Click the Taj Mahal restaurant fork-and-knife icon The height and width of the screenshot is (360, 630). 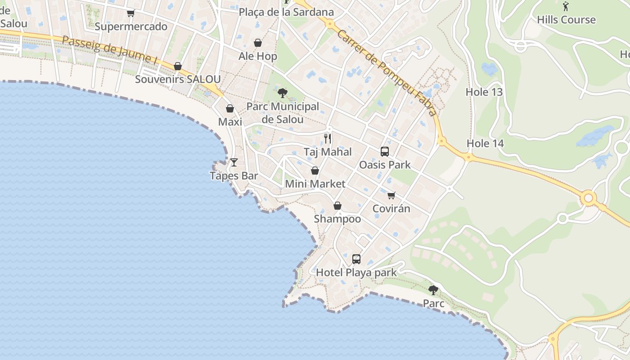click(x=328, y=138)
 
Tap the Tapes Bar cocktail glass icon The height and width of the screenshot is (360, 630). click(x=234, y=162)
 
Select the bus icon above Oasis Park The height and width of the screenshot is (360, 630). click(x=384, y=152)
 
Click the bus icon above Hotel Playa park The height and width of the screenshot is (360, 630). click(x=356, y=259)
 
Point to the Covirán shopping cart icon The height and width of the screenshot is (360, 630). click(x=391, y=195)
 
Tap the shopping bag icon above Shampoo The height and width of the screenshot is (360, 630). click(x=337, y=206)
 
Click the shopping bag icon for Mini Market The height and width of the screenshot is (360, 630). click(x=315, y=171)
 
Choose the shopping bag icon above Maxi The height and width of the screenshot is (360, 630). click(x=230, y=108)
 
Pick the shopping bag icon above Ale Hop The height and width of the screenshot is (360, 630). click(x=258, y=43)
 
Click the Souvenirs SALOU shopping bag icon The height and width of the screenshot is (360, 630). click(x=178, y=66)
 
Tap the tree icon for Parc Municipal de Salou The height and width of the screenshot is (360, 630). click(x=283, y=93)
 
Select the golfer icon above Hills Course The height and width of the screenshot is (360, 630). click(x=566, y=6)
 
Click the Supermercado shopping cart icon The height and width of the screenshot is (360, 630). click(x=130, y=13)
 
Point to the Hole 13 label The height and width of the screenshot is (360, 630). click(x=484, y=92)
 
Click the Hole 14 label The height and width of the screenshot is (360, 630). click(x=485, y=144)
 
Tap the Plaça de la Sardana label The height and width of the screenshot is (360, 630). click(x=286, y=12)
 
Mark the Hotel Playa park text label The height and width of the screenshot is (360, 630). click(x=356, y=273)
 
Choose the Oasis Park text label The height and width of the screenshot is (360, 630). click(x=385, y=165)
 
